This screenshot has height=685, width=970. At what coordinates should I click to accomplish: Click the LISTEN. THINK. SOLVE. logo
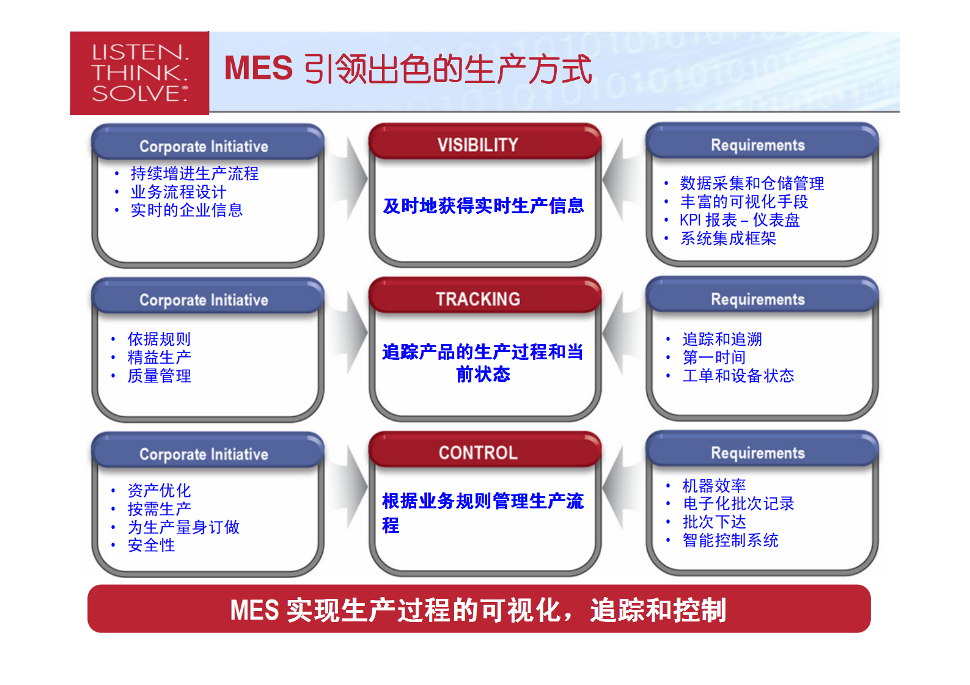tap(139, 73)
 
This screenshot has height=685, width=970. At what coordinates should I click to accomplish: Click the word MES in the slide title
tap(259, 68)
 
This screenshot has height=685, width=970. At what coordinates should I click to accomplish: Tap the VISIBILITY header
tap(477, 145)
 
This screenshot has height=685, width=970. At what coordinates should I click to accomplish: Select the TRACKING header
tap(477, 299)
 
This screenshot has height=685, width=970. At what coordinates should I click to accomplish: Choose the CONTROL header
tap(477, 453)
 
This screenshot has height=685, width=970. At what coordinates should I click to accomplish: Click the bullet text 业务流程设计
tap(178, 192)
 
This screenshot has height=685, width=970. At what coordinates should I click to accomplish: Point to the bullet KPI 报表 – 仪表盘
tap(740, 220)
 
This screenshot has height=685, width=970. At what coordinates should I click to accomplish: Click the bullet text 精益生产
tap(159, 357)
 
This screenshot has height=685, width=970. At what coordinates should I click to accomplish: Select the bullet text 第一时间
tap(714, 357)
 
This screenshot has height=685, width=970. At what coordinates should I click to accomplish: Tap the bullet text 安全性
tap(151, 545)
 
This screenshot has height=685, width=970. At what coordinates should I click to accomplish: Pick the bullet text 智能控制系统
tap(730, 540)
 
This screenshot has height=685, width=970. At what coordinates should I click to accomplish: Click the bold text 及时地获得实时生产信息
tap(483, 206)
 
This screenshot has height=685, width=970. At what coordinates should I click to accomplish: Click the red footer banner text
tap(478, 610)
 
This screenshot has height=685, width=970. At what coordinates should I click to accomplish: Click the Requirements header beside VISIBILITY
tap(757, 145)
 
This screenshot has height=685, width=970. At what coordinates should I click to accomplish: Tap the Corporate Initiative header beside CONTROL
tap(204, 455)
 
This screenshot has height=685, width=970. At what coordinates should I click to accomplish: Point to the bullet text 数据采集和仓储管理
tap(752, 183)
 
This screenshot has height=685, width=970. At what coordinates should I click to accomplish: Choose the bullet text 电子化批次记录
tap(738, 504)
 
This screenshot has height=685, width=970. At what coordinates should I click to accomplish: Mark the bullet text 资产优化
tap(159, 490)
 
